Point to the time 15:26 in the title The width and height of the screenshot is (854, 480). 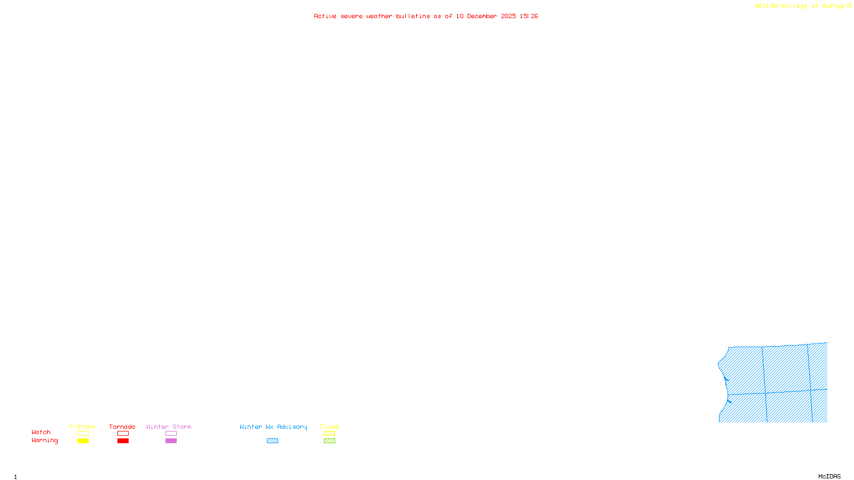click(x=529, y=17)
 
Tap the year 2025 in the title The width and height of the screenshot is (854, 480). click(x=508, y=17)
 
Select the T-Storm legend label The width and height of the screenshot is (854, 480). click(x=82, y=427)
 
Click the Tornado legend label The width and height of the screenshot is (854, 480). click(x=122, y=427)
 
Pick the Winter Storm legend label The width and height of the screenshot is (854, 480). click(x=169, y=427)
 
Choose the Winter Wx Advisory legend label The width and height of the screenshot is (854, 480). click(x=273, y=427)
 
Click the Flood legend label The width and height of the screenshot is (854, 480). click(x=329, y=427)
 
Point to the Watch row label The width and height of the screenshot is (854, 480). click(x=41, y=433)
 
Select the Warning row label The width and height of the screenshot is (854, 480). click(x=44, y=441)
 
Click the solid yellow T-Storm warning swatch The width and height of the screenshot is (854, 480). click(x=83, y=441)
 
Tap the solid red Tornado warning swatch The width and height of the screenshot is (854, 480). click(x=123, y=441)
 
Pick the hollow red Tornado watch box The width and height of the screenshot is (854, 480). click(x=123, y=434)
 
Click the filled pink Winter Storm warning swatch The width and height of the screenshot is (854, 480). click(x=171, y=441)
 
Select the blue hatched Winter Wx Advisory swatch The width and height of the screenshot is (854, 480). click(x=272, y=441)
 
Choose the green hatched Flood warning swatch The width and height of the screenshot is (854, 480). click(x=329, y=441)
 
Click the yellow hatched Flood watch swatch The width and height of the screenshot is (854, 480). click(x=329, y=434)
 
